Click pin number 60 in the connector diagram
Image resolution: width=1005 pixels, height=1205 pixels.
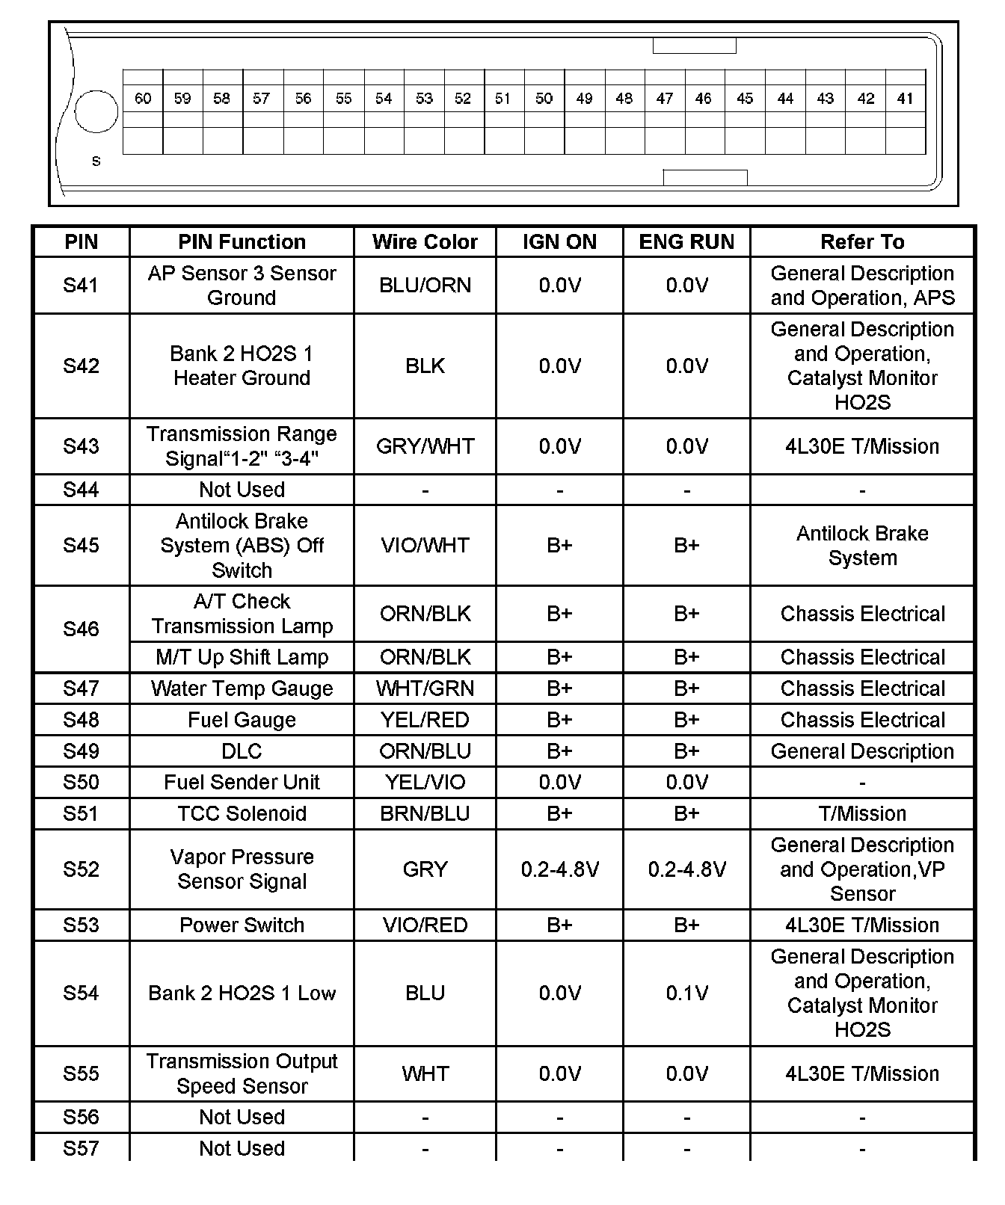143,99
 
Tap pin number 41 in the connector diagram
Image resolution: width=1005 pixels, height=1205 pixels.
905,99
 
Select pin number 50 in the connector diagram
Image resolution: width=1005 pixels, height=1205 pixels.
544,99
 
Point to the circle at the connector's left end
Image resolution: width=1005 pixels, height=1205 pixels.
96,111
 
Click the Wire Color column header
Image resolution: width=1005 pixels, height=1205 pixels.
425,242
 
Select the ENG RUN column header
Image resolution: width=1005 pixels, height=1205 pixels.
686,242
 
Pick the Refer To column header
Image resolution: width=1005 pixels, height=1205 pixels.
862,242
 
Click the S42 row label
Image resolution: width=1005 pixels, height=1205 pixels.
81,366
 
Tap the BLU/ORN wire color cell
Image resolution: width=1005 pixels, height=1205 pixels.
425,286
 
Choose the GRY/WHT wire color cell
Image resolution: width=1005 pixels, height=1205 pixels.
425,446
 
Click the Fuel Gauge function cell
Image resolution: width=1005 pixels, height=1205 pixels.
242,720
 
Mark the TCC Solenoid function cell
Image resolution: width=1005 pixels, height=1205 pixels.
242,813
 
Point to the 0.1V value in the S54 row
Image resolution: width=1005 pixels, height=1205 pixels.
686,993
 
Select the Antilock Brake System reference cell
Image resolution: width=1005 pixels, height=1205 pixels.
862,546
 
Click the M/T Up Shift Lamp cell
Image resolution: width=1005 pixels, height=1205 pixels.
242,657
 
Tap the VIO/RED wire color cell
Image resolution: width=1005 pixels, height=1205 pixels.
425,925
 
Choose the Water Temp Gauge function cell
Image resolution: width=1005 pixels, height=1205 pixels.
242,688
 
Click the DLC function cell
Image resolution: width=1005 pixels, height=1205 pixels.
242,751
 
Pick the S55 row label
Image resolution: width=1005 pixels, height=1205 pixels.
81,1074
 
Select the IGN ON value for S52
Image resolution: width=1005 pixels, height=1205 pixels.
559,869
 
